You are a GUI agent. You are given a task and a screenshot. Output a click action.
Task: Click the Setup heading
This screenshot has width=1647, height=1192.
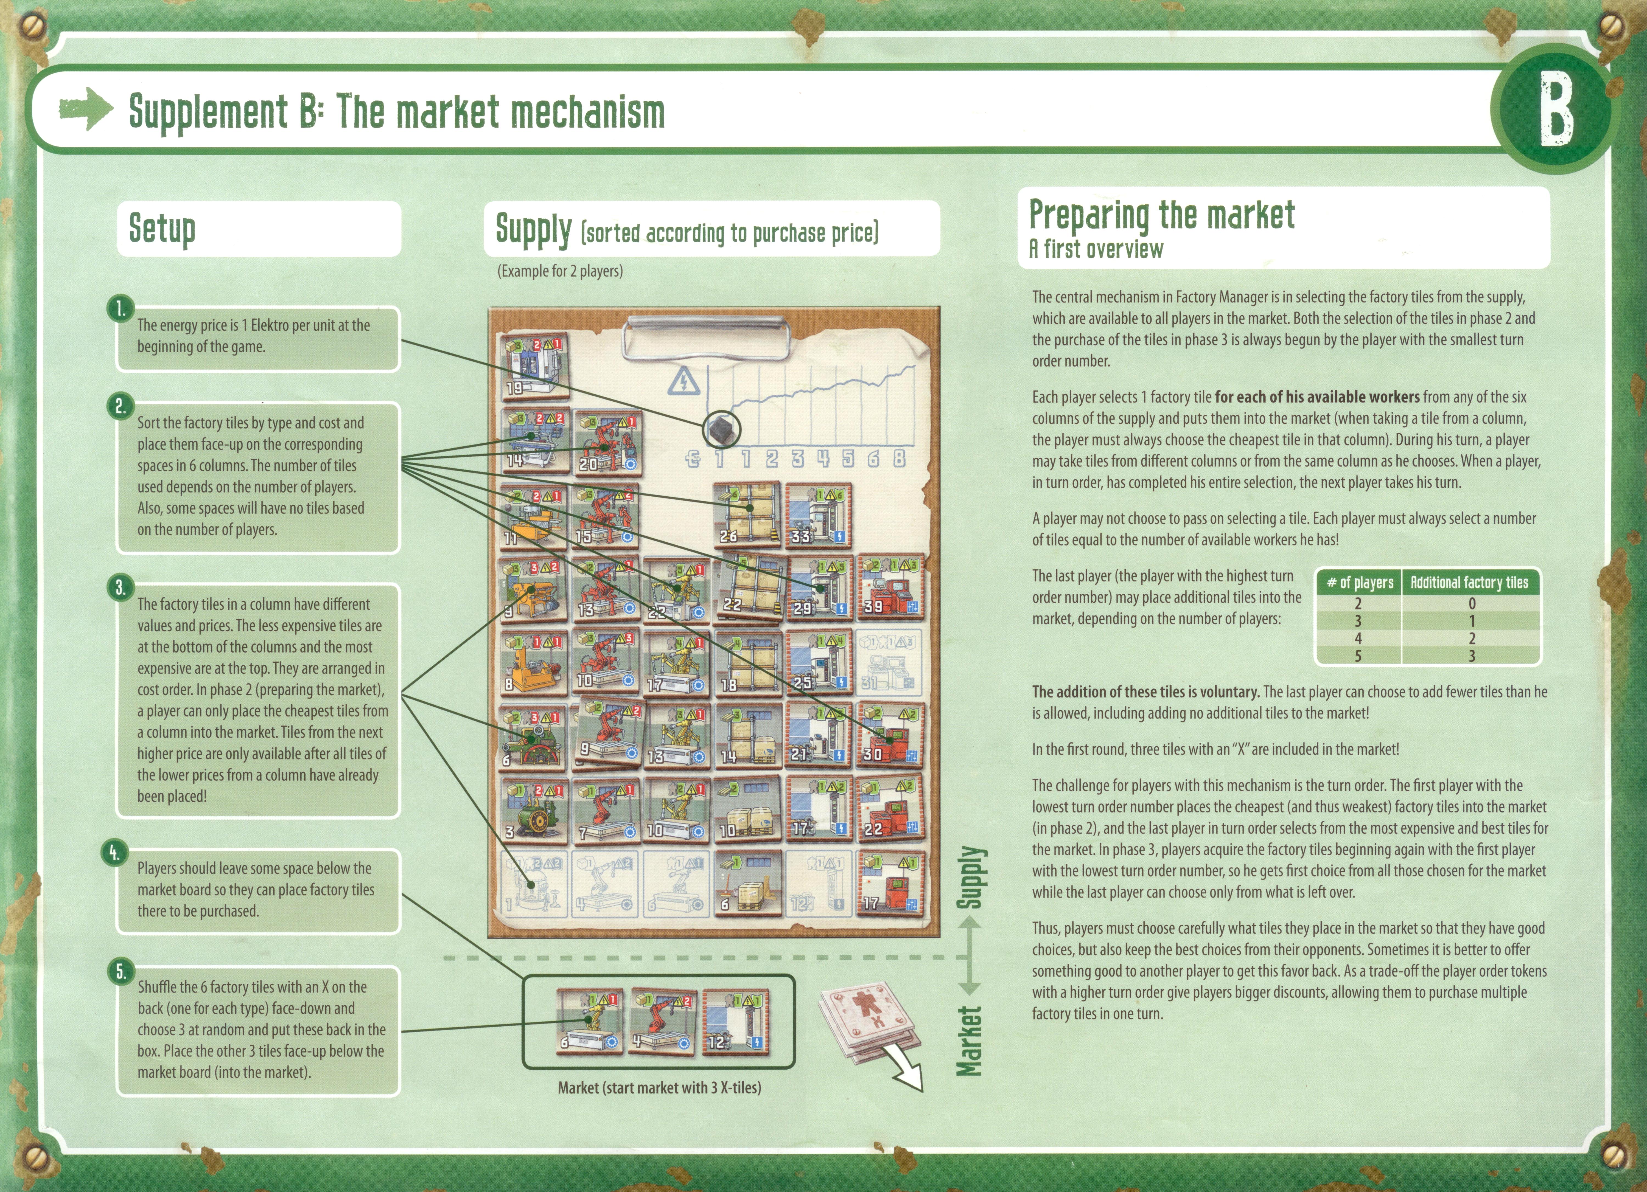click(162, 228)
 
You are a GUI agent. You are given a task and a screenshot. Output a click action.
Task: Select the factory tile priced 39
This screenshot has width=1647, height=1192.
click(890, 587)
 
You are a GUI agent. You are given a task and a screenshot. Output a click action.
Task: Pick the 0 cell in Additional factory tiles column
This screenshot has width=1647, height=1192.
click(1471, 603)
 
